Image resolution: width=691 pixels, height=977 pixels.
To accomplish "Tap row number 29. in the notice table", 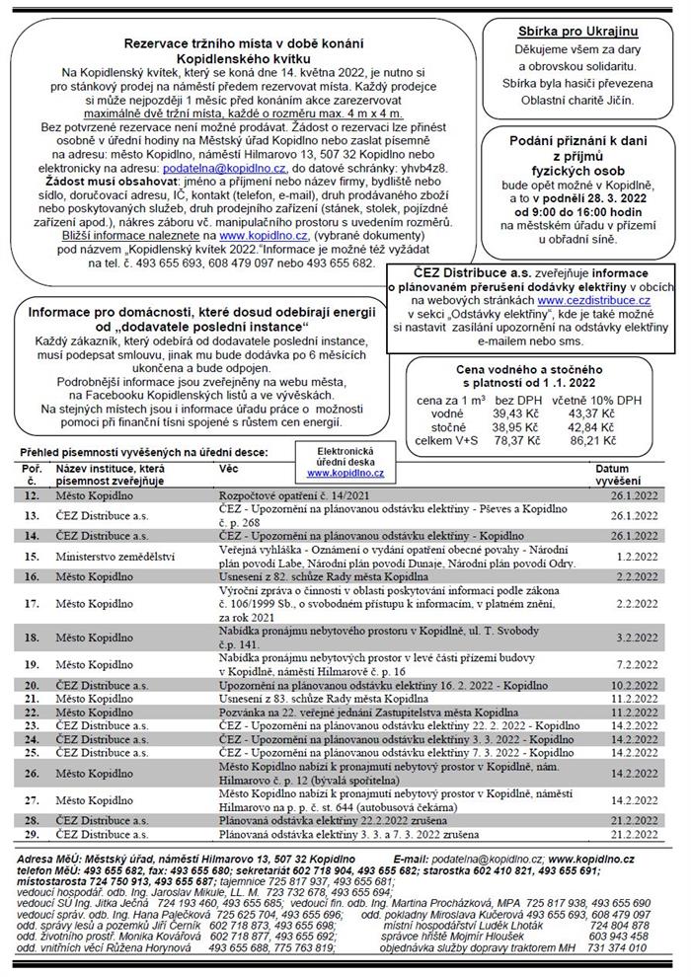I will (x=32, y=834).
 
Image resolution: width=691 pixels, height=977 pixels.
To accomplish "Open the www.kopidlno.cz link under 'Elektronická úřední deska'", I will (x=345, y=474).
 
